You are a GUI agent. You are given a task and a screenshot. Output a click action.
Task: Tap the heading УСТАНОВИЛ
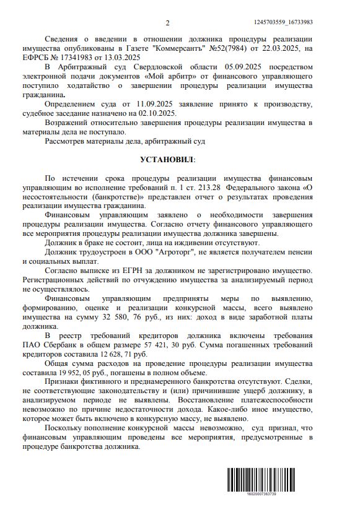coord(167,160)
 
